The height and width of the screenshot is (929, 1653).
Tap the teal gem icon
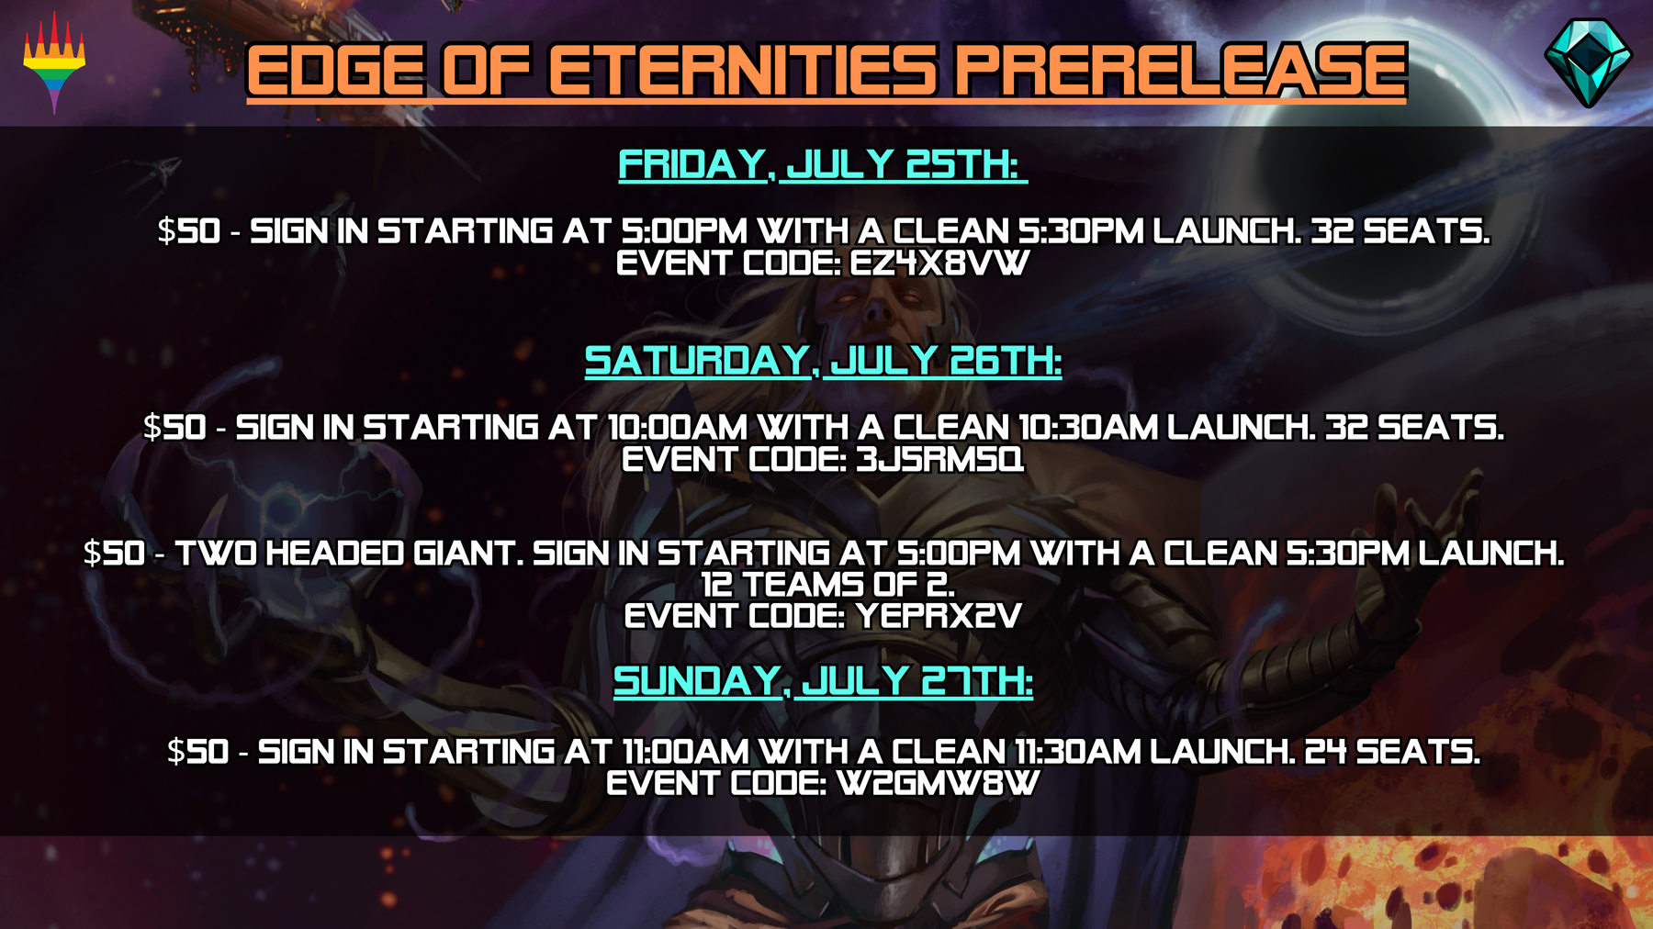pos(1588,62)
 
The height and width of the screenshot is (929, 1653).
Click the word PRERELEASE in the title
pos(1180,71)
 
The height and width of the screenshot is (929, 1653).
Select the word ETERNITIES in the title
pos(743,71)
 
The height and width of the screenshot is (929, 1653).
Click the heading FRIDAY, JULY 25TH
pos(823,165)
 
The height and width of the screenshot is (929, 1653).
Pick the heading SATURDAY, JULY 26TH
pos(823,361)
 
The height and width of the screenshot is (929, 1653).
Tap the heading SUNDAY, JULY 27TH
pos(823,681)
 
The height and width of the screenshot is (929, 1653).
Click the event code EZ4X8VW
pos(939,263)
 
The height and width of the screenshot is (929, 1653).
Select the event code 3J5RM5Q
pos(939,459)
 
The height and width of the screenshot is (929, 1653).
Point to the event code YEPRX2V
pos(938,616)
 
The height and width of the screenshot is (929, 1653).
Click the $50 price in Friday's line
pos(189,231)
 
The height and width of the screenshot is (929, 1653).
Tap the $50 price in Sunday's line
pos(198,752)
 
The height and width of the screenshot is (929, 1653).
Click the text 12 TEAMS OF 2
pos(827,585)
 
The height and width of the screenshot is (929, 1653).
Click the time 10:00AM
pos(678,428)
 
